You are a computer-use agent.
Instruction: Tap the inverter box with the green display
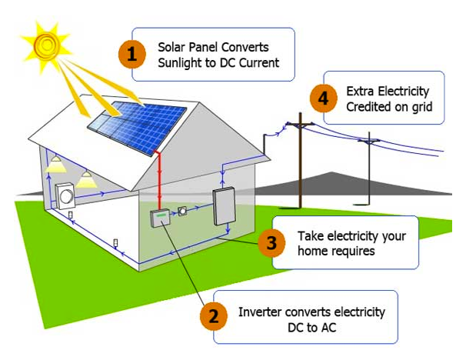tap(160, 218)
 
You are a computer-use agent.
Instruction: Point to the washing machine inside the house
tap(65, 197)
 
